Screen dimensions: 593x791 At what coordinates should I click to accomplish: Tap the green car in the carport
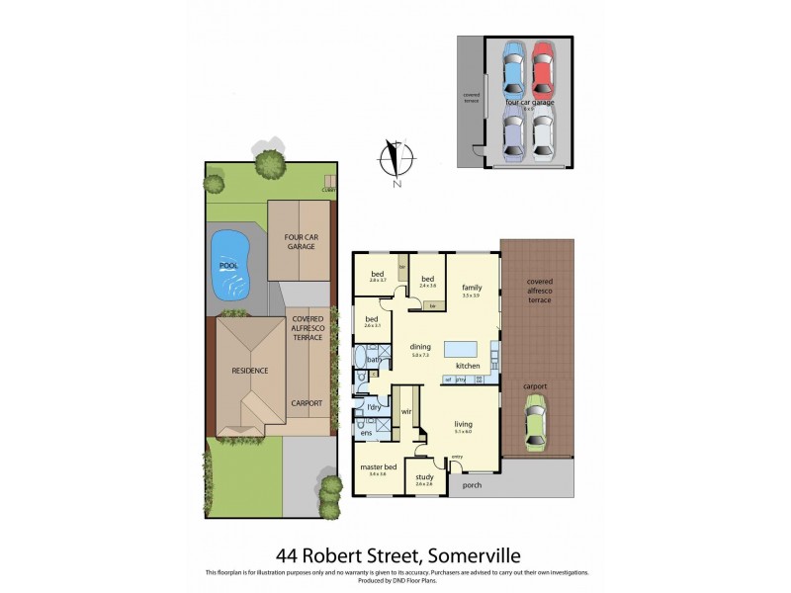coord(535,424)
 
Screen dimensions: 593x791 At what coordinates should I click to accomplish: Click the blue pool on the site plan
coord(229,263)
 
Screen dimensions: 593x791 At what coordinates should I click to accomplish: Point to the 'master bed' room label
coord(377,466)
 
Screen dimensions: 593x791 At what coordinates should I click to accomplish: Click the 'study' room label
coord(424,476)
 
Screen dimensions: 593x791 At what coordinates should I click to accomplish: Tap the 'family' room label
coord(472,287)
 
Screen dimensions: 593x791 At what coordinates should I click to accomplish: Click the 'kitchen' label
coord(468,366)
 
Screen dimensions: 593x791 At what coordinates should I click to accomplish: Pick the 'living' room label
coord(463,424)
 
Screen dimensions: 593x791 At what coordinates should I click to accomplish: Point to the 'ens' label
coord(366,433)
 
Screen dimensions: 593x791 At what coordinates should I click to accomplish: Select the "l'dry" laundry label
coord(373,407)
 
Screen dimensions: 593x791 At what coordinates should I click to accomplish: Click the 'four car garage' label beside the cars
coord(530,102)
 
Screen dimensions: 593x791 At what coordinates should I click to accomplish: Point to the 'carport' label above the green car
coord(536,386)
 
